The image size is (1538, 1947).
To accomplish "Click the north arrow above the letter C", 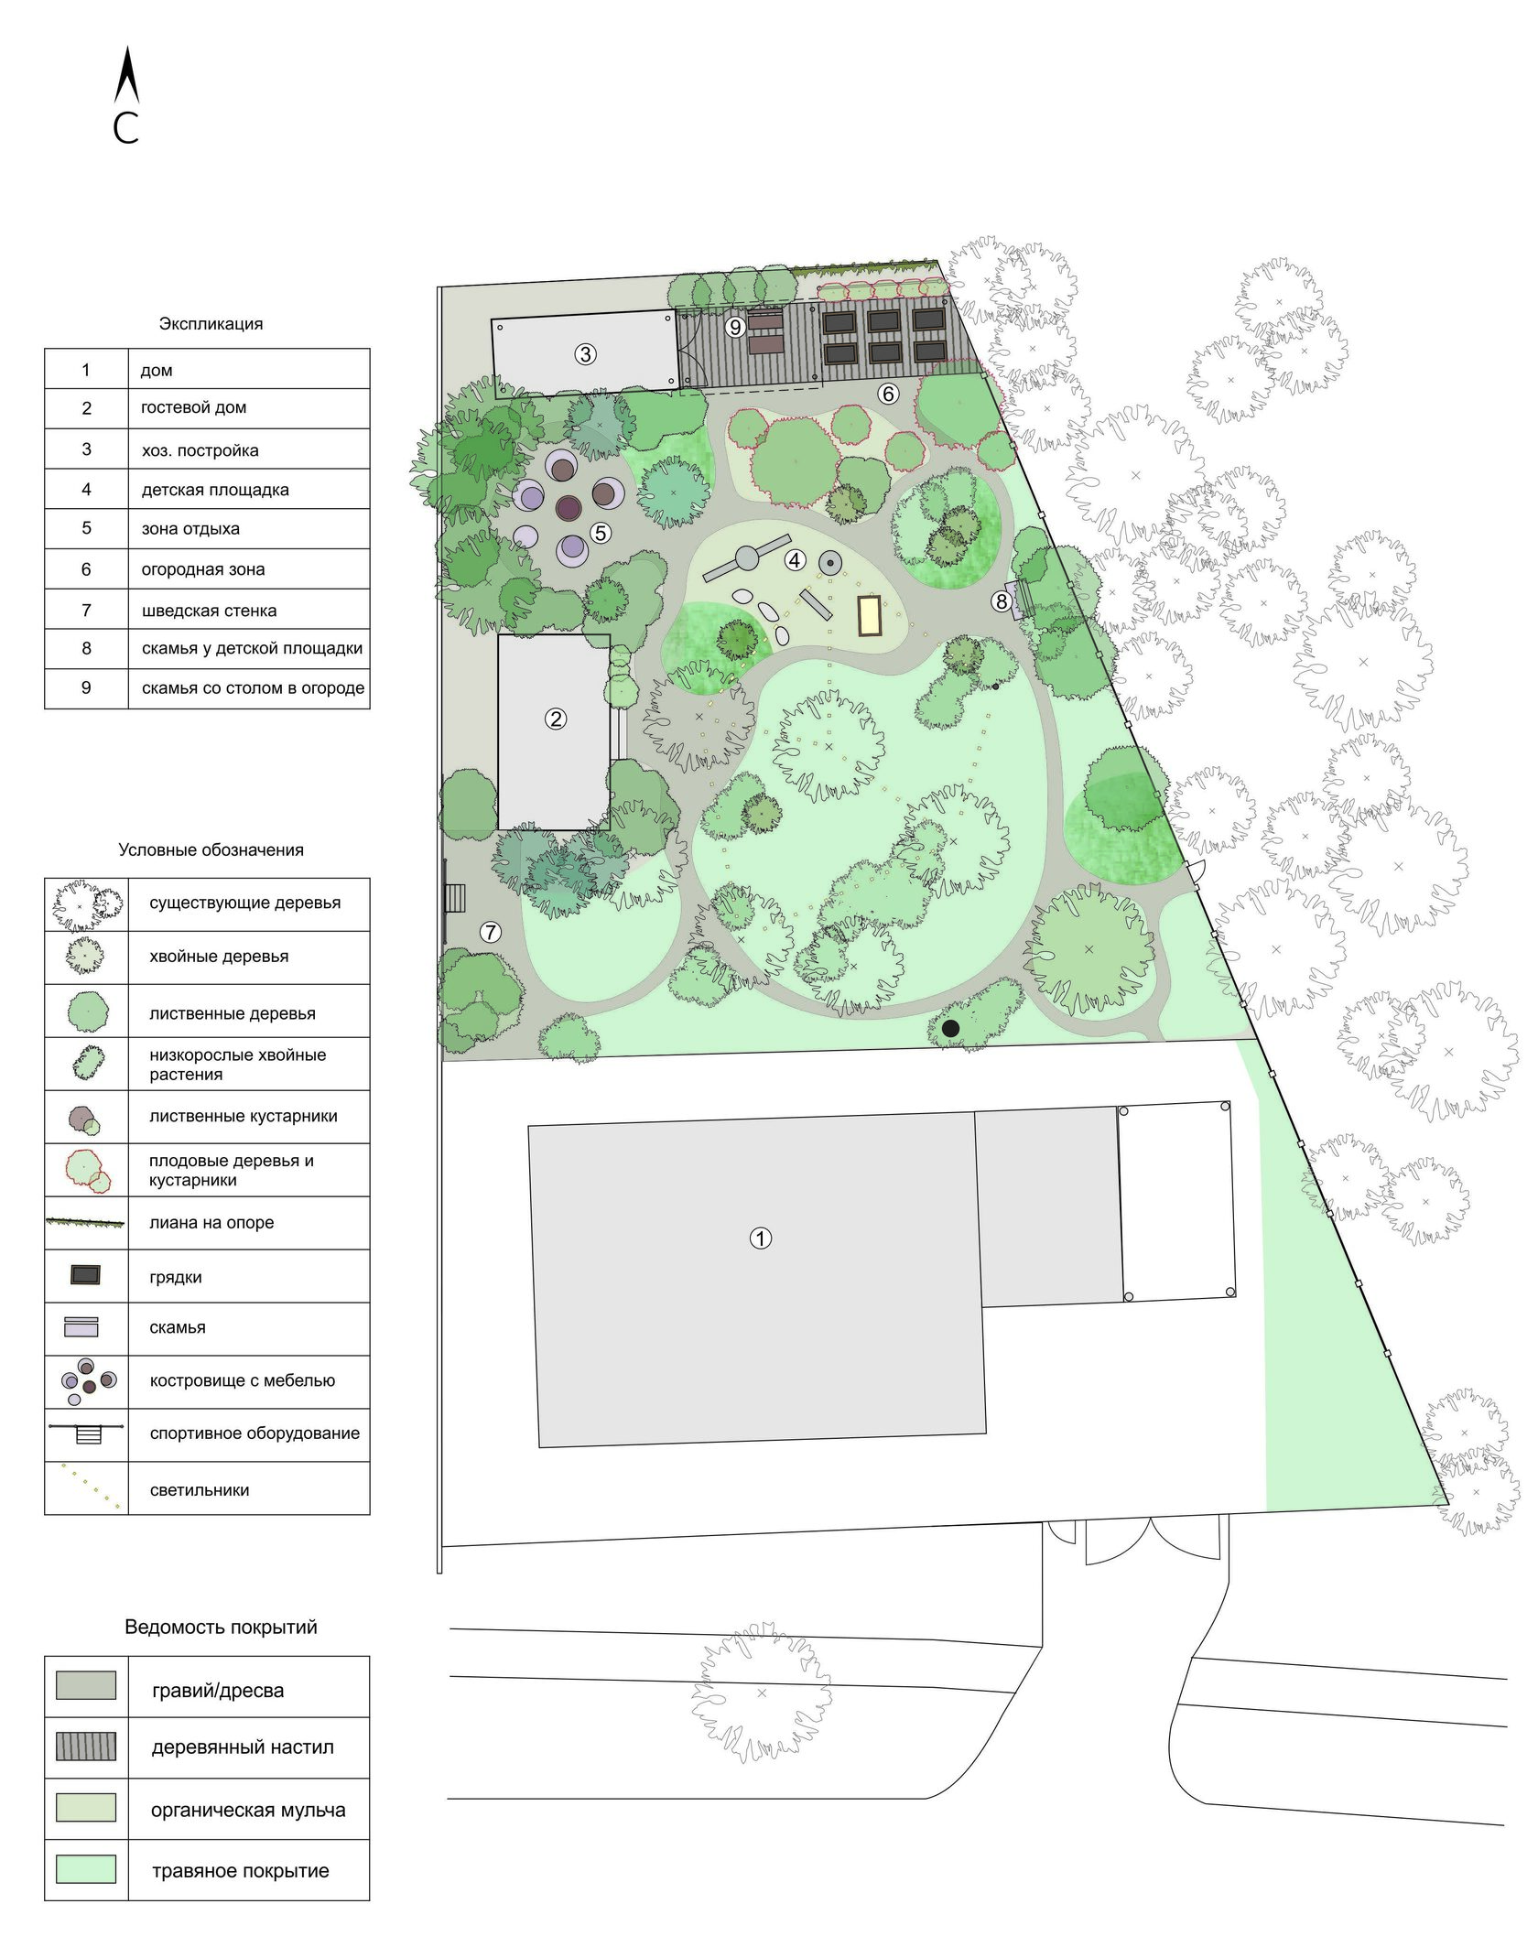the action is [127, 75].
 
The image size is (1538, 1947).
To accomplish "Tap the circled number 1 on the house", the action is [761, 1239].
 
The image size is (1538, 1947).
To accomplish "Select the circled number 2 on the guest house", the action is [556, 719].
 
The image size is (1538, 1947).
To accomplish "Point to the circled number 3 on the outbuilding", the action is [586, 353].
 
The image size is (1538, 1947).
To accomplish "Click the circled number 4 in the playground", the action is [795, 559].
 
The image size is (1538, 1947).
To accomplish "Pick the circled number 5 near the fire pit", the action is [601, 533].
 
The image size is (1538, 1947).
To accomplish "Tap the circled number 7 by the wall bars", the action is [492, 932].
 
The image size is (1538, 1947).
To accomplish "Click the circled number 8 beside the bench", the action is [1002, 601].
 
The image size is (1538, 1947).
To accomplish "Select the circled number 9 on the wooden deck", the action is [735, 327].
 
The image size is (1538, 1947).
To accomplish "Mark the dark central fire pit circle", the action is [569, 507].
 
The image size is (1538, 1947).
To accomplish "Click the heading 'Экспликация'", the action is [211, 324].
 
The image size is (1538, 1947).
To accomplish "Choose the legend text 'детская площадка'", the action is [215, 490].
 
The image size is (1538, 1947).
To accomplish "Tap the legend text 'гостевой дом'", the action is [193, 407].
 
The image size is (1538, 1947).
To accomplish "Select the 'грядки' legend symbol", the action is [86, 1275].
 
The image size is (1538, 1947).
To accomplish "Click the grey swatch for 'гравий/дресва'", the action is [86, 1685].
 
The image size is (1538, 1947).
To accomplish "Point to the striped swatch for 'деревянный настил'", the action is [86, 1746].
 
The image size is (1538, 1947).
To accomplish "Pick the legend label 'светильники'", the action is [200, 1490].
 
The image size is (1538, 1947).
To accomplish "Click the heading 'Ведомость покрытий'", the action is [221, 1628].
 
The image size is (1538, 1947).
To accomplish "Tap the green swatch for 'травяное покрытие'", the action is [86, 1869].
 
